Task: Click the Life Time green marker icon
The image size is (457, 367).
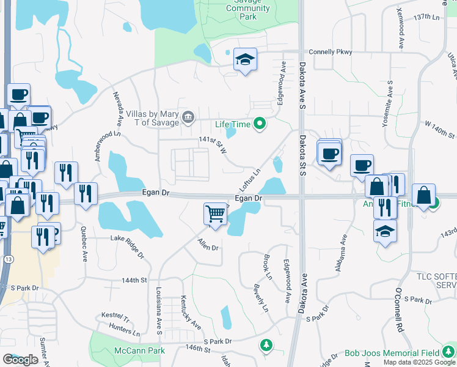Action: [x=260, y=124]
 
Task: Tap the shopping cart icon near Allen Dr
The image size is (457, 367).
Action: [x=215, y=215]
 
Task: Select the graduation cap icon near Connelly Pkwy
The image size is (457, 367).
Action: [x=245, y=60]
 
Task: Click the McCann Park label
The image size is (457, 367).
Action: [x=139, y=351]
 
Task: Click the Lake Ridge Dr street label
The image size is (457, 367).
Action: [x=127, y=243]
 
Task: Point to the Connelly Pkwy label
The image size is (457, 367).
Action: [x=331, y=52]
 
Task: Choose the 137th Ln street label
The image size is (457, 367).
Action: [x=426, y=17]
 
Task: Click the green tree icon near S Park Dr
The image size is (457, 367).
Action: [x=266, y=346]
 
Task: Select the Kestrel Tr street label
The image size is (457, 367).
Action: [x=117, y=318]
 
